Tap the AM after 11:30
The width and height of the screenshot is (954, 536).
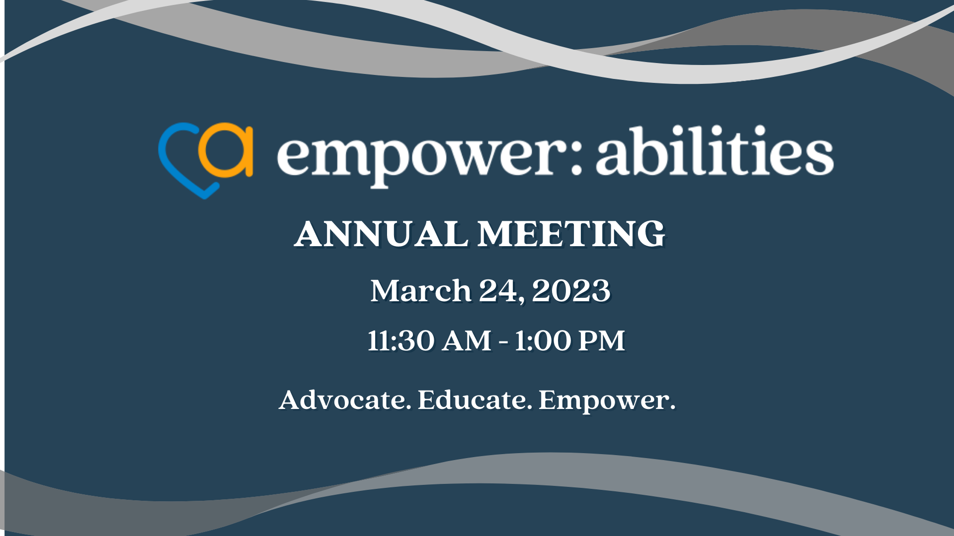coord(467,341)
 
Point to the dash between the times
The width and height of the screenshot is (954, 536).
coord(503,342)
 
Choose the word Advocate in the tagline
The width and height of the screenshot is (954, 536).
coord(343,400)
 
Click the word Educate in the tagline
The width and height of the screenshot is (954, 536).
coord(472,400)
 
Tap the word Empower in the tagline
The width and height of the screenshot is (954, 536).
coord(603,401)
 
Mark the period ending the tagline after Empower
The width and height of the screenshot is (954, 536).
coord(673,408)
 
